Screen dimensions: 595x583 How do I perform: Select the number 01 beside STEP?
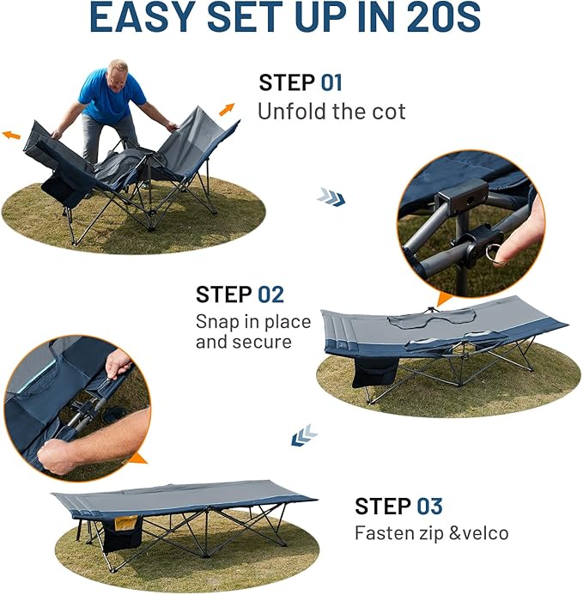pyautogui.click(x=331, y=83)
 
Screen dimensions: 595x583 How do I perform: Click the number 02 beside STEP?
pyautogui.click(x=270, y=294)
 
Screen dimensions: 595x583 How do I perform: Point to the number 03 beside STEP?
pyautogui.click(x=430, y=506)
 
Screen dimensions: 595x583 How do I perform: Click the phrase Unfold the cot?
pyautogui.click(x=331, y=112)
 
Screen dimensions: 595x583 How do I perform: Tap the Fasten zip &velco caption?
pyautogui.click(x=431, y=533)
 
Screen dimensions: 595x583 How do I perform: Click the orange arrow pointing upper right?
pyautogui.click(x=228, y=109)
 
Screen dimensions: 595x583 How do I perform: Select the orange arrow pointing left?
pyautogui.click(x=12, y=135)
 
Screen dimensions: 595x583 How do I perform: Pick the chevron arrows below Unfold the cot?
pyautogui.click(x=331, y=197)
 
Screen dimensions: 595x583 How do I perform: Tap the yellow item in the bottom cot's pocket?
pyautogui.click(x=126, y=522)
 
